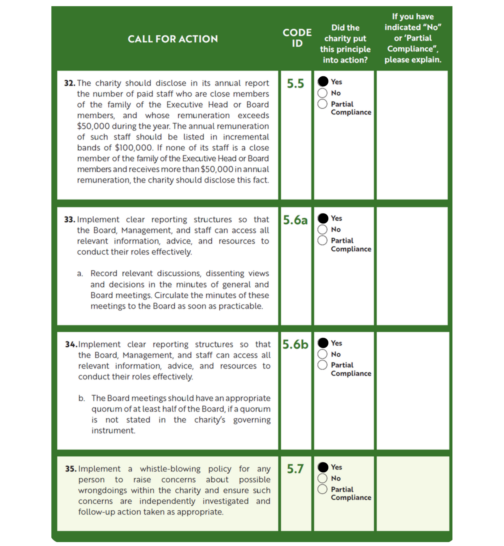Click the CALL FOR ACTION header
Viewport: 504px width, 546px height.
point(173,39)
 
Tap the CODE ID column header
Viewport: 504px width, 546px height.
point(297,38)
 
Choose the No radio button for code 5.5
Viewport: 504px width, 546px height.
point(322,93)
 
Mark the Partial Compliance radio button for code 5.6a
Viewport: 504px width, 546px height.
point(322,240)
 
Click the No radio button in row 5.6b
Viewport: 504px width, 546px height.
point(322,354)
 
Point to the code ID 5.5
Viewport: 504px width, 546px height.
point(295,83)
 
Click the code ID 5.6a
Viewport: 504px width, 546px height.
point(295,220)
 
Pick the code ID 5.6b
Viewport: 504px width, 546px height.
point(295,344)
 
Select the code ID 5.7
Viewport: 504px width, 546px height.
point(295,469)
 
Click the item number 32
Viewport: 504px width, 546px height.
point(70,83)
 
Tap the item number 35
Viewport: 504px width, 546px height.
point(71,469)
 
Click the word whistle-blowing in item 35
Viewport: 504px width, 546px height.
point(170,469)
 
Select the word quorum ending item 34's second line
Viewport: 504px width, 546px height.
point(255,409)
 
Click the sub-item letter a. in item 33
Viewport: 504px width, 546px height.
point(80,273)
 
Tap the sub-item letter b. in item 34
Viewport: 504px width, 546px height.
point(81,398)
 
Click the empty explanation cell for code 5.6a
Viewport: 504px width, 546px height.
point(412,266)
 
